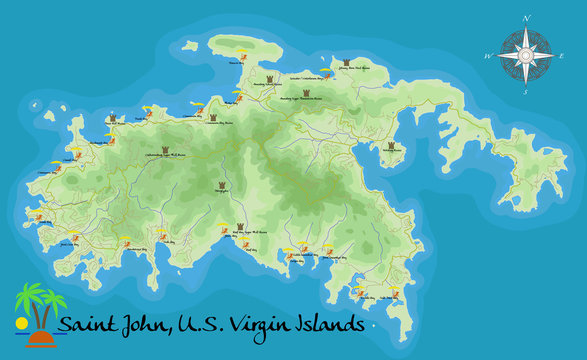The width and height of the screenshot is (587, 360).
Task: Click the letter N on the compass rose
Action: tap(527, 17)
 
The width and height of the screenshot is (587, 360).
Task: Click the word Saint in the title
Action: tap(85, 325)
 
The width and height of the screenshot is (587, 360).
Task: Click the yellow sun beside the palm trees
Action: tap(21, 324)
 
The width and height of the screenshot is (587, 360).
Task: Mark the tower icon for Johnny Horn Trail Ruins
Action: tap(346, 61)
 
